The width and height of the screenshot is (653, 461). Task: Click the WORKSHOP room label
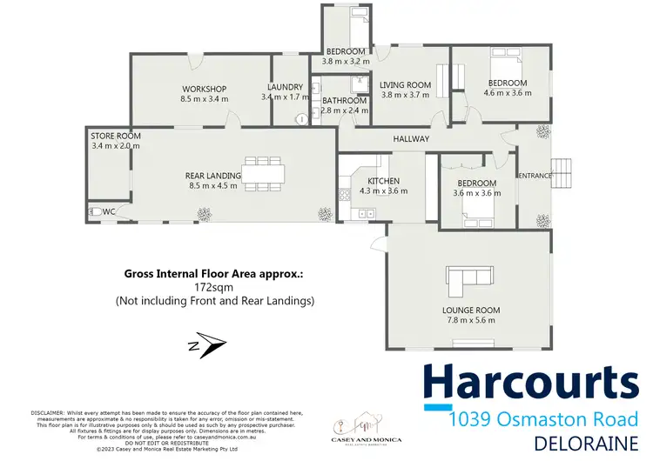click(x=204, y=89)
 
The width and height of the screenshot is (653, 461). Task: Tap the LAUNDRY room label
click(x=285, y=87)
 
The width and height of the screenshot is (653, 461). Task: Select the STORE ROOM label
click(x=116, y=136)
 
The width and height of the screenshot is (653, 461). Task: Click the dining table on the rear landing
click(x=261, y=174)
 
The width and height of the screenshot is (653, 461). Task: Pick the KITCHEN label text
click(x=383, y=180)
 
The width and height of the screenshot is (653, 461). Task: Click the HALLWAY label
click(x=411, y=139)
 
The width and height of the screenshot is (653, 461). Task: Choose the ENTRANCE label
click(x=535, y=176)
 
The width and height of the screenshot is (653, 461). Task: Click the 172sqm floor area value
click(x=214, y=286)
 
